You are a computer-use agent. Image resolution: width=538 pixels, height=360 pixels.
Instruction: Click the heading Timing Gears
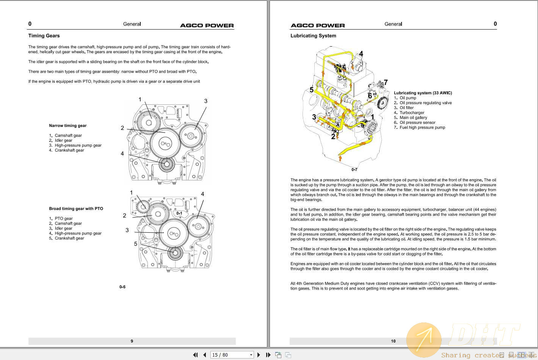(x=44, y=36)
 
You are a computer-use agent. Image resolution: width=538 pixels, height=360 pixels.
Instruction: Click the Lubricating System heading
(x=313, y=36)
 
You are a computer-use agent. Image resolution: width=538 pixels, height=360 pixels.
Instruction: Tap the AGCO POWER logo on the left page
(x=207, y=25)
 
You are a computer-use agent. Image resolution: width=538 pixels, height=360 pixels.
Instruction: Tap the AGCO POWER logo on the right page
(x=318, y=25)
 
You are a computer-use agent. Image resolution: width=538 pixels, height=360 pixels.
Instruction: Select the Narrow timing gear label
(x=68, y=125)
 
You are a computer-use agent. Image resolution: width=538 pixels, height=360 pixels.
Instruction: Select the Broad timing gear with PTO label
(x=76, y=208)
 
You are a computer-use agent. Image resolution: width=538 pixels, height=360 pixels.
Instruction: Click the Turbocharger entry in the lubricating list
(x=412, y=113)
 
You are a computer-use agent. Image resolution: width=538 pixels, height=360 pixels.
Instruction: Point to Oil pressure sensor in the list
(x=417, y=122)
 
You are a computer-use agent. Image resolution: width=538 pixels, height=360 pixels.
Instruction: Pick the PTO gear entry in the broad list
(x=63, y=218)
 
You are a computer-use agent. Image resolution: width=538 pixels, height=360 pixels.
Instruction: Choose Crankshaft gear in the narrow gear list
(x=69, y=150)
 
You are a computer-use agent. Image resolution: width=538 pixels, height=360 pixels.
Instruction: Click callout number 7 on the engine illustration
(x=386, y=82)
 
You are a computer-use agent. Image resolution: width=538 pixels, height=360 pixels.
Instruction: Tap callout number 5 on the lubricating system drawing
(x=312, y=90)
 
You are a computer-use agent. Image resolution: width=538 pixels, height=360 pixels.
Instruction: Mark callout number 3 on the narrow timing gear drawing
(x=206, y=101)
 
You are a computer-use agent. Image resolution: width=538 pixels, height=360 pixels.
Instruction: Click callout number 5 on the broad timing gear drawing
(x=135, y=244)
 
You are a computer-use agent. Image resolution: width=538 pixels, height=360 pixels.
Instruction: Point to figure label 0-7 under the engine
(x=354, y=169)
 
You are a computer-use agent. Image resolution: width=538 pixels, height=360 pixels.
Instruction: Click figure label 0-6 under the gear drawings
(x=122, y=287)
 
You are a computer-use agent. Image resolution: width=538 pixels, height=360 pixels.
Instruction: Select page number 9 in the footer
(x=132, y=341)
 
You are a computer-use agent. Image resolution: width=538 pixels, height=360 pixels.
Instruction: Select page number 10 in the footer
(x=393, y=341)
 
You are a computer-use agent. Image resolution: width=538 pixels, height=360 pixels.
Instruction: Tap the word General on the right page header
(x=393, y=24)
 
